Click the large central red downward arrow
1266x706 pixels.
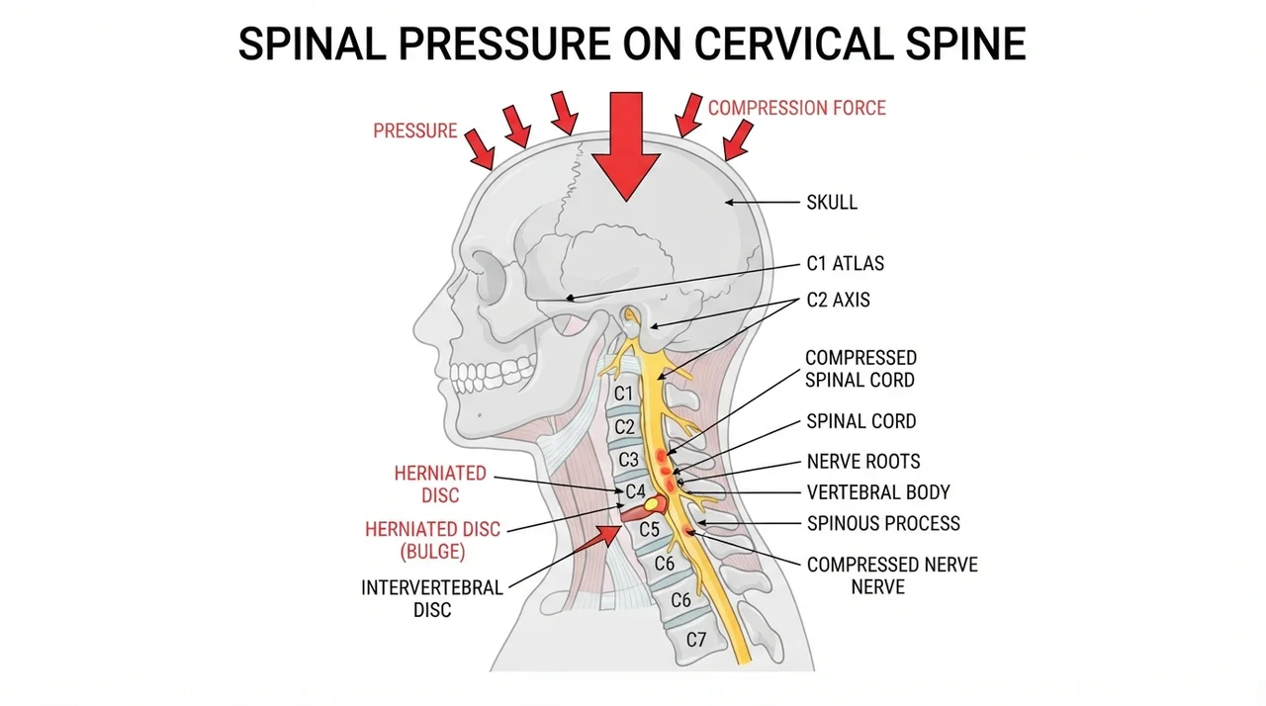pyautogui.click(x=626, y=145)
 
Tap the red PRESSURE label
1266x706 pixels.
pyautogui.click(x=414, y=132)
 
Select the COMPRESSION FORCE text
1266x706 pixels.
pyautogui.click(x=797, y=108)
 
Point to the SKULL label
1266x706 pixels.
pyautogui.click(x=832, y=202)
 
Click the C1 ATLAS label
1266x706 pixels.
pyautogui.click(x=845, y=264)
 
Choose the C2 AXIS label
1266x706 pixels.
pyautogui.click(x=838, y=300)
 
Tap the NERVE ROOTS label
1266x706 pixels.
pyautogui.click(x=863, y=462)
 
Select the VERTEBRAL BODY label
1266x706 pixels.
pyautogui.click(x=878, y=492)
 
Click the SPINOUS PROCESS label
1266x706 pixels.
pyautogui.click(x=883, y=524)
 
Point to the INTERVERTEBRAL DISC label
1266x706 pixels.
pyautogui.click(x=432, y=598)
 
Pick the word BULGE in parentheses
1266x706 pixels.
pyautogui.click(x=432, y=551)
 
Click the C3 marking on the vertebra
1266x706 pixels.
pyautogui.click(x=628, y=460)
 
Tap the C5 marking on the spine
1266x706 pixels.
pyautogui.click(x=650, y=530)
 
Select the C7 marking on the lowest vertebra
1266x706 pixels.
pyautogui.click(x=696, y=640)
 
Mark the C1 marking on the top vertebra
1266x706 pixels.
pyautogui.click(x=623, y=394)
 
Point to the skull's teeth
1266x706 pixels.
pyautogui.click(x=492, y=375)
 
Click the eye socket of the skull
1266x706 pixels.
pyautogui.click(x=490, y=277)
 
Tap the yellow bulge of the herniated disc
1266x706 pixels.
pyautogui.click(x=652, y=502)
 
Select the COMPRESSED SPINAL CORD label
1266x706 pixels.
pyautogui.click(x=860, y=369)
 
